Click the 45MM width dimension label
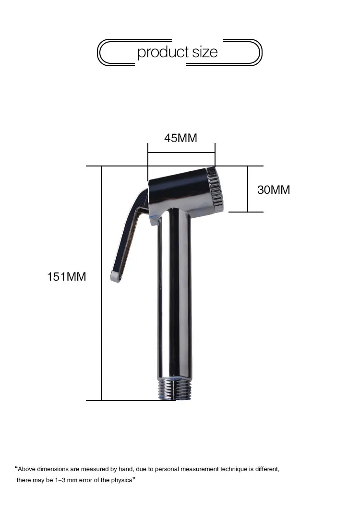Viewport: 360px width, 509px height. click(x=180, y=138)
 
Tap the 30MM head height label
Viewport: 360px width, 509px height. click(x=274, y=189)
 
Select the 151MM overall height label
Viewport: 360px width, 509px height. click(x=66, y=276)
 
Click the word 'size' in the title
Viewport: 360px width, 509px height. click(x=205, y=52)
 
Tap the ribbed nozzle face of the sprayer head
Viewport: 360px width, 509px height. click(x=216, y=190)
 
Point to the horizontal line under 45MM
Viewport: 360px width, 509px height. click(x=181, y=153)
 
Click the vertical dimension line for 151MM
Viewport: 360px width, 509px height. click(x=101, y=283)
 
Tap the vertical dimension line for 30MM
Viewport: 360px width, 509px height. click(x=248, y=189)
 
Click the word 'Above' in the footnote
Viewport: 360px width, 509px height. click(x=27, y=469)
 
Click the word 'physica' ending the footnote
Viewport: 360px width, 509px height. click(x=120, y=480)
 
